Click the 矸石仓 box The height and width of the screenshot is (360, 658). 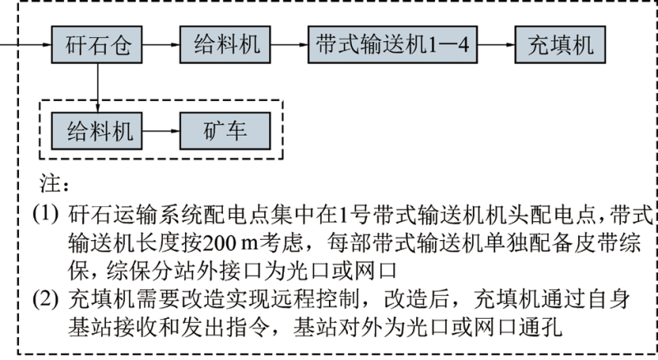[x=97, y=44]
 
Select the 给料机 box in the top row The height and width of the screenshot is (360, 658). [x=226, y=44]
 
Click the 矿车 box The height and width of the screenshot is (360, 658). [x=224, y=130]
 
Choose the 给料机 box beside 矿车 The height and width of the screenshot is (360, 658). [x=97, y=130]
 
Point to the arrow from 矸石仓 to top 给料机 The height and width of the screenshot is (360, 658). [x=161, y=44]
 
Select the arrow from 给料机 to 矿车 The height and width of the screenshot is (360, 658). [x=161, y=130]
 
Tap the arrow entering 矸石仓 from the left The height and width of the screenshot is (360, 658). [x=25, y=44]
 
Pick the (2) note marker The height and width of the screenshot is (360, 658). [x=45, y=294]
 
